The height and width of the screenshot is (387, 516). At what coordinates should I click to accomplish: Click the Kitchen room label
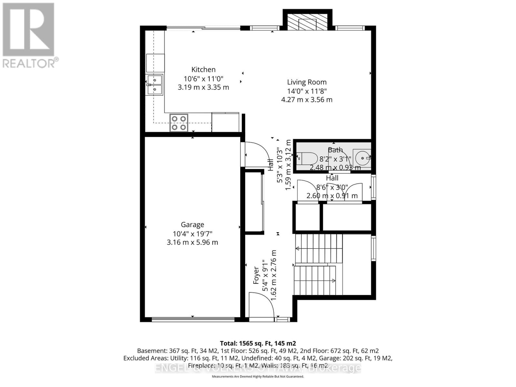pos(203,69)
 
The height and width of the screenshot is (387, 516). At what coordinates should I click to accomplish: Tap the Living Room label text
pos(307,82)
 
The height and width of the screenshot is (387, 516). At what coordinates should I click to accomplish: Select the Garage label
pos(192,224)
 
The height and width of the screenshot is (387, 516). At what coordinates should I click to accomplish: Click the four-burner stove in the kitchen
pos(179,123)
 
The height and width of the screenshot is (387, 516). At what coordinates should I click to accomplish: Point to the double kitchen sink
pos(155,85)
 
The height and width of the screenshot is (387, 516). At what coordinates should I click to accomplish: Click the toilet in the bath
pos(307,158)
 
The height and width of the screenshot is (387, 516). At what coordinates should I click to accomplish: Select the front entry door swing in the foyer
pos(261,305)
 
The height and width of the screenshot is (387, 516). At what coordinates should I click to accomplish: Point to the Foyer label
pos(256,275)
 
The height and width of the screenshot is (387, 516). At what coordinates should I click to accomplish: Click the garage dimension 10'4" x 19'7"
pos(192,233)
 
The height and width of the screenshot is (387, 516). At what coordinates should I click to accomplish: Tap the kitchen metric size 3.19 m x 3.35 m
pos(203,87)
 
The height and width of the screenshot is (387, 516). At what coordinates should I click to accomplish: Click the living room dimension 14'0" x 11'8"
pos(307,91)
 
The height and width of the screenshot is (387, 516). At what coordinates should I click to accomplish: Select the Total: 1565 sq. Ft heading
pos(258,343)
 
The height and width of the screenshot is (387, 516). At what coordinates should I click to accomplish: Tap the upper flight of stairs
pos(319,249)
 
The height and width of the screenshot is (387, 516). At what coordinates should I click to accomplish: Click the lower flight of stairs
pos(315,280)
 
